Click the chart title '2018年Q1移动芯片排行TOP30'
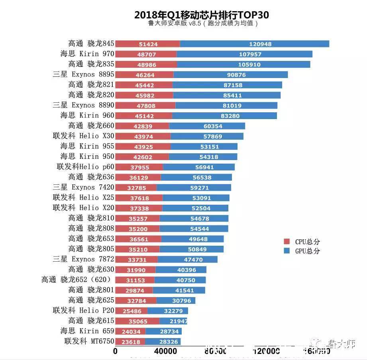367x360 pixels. tap(201, 15)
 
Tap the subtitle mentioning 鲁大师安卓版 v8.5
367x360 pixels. tap(201, 23)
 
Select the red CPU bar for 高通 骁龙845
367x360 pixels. tap(147, 44)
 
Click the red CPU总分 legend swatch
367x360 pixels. tap(287, 242)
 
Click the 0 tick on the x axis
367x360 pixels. tap(116, 352)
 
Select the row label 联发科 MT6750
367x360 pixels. tap(89, 341)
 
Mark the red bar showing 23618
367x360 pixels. tap(130, 341)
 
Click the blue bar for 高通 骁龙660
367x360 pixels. tap(207, 126)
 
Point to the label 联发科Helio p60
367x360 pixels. tap(85, 166)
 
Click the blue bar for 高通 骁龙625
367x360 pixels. tap(176, 300)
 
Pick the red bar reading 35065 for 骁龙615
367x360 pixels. tap(137, 321)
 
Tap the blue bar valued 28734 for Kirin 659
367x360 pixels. tap(163, 331)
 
